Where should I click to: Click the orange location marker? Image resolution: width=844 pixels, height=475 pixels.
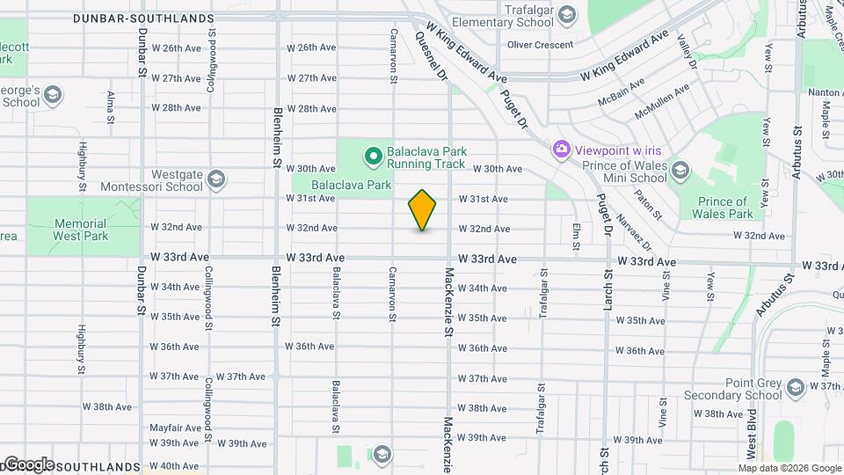[422, 209]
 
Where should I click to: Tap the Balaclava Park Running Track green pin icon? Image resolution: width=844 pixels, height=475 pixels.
[373, 157]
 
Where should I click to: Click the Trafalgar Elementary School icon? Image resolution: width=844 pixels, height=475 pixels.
[567, 14]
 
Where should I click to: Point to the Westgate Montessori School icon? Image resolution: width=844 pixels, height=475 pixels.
[217, 179]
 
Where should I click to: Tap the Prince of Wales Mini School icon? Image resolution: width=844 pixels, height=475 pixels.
[680, 170]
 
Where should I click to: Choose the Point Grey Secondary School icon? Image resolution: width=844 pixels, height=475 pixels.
[795, 388]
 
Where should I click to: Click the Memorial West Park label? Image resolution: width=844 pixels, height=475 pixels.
[79, 230]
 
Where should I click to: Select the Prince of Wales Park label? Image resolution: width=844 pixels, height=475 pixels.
[723, 208]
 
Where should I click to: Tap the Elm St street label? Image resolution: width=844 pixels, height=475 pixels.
[577, 235]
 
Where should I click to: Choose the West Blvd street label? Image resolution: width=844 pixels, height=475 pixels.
[753, 439]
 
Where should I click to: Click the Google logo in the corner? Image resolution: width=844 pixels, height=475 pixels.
[28, 464]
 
